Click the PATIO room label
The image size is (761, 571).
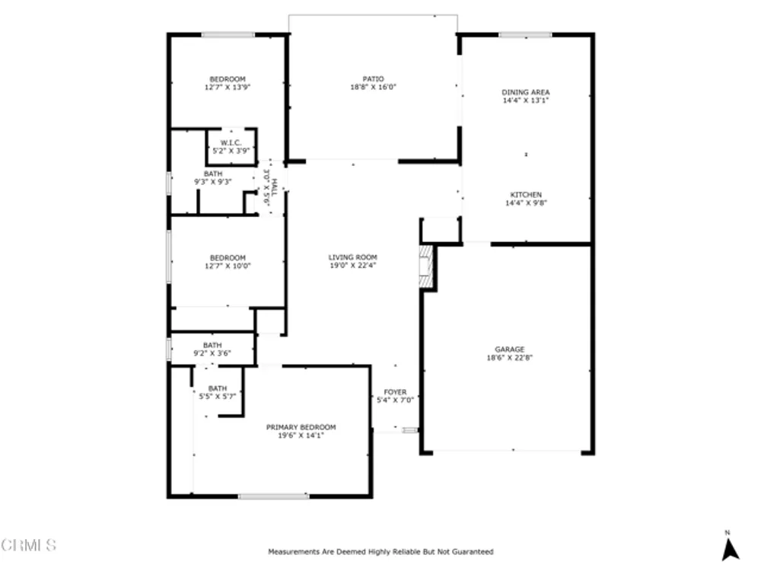[x=373, y=78]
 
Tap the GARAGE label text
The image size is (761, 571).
[x=510, y=349]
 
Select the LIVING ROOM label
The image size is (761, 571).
[x=353, y=257]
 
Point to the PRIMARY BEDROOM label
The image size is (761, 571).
[x=301, y=427]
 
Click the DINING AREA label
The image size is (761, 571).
[x=526, y=92]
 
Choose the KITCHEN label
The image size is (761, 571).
[x=526, y=195]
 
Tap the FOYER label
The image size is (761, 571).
[x=395, y=392]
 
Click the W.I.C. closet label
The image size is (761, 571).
[x=231, y=143]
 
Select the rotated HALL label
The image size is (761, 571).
[x=274, y=187]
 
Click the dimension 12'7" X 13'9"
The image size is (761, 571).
[x=228, y=88]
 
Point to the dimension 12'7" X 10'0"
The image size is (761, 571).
[x=228, y=266]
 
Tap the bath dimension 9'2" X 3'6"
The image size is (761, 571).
[x=212, y=353]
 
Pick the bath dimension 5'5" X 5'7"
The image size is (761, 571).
[x=218, y=396]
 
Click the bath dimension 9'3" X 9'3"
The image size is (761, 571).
[x=213, y=182]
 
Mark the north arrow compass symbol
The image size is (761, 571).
[x=730, y=549]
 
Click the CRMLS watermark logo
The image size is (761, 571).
[x=29, y=545]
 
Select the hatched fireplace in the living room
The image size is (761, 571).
[x=425, y=266]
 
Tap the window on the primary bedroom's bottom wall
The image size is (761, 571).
[x=274, y=496]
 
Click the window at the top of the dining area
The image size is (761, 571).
[x=525, y=34]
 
